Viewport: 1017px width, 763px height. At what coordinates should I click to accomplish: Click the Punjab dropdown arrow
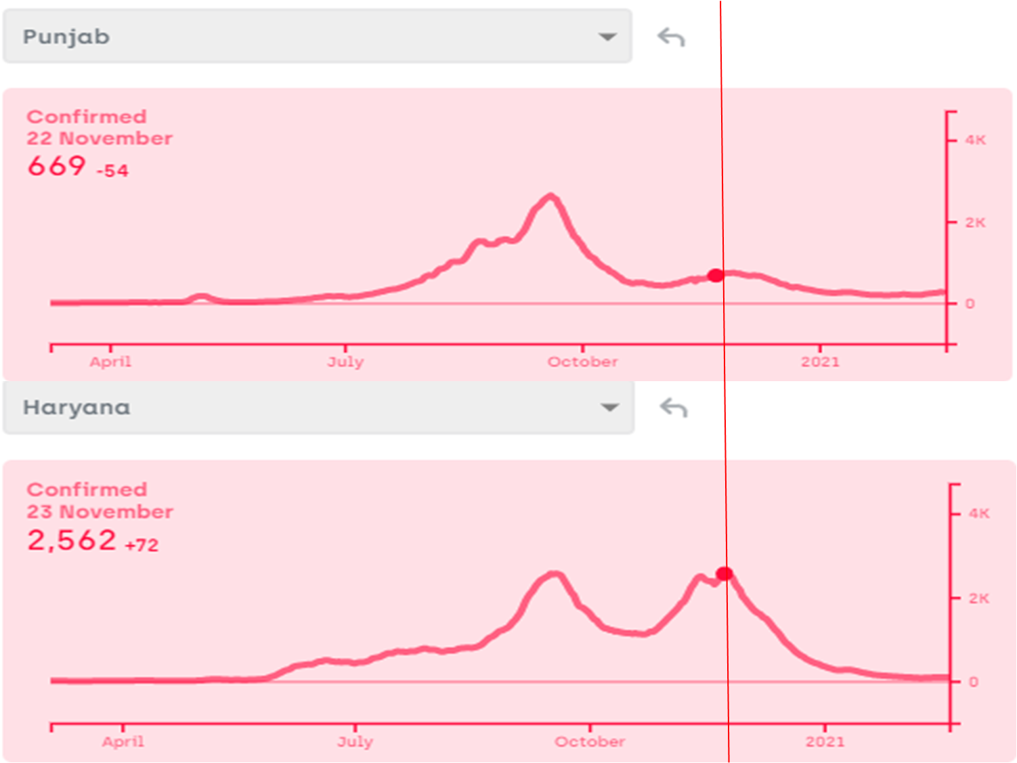(x=607, y=37)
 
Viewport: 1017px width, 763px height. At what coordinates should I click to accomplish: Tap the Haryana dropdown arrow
(x=609, y=408)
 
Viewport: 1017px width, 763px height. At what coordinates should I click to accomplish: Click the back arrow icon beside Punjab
(x=671, y=37)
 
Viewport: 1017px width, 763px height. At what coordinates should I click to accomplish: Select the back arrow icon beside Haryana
(x=674, y=408)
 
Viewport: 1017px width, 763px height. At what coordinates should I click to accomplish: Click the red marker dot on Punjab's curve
(x=715, y=275)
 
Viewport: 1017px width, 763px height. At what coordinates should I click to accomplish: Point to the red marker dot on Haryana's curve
(x=724, y=573)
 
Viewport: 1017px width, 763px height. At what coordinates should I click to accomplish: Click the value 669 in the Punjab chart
(x=57, y=166)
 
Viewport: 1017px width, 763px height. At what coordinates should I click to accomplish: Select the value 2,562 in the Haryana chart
(x=72, y=540)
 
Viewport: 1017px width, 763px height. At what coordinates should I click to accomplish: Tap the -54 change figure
(x=112, y=171)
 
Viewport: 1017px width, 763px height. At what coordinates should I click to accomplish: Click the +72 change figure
(x=142, y=545)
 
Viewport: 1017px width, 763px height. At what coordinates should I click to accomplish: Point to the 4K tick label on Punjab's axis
(x=975, y=140)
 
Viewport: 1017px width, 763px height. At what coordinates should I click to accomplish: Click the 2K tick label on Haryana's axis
(x=978, y=598)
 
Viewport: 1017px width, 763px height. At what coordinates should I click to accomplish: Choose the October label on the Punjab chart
(x=582, y=362)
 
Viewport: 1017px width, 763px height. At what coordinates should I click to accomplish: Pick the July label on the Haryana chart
(x=355, y=741)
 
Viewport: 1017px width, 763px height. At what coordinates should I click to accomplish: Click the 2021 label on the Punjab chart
(x=820, y=362)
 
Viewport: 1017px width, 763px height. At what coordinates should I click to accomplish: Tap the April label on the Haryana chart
(x=123, y=741)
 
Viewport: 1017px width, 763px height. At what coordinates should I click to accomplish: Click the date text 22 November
(x=100, y=138)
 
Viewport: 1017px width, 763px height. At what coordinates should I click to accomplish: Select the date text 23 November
(x=100, y=512)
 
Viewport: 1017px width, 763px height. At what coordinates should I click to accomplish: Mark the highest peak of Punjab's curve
(x=551, y=196)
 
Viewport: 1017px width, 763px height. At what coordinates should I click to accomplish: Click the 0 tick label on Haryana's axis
(x=973, y=682)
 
